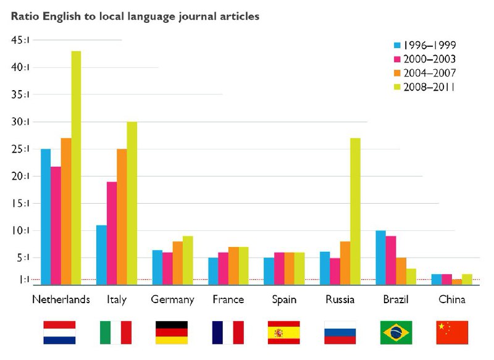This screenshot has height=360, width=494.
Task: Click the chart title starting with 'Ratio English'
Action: click(x=135, y=16)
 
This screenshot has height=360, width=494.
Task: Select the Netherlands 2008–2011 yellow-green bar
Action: click(x=76, y=167)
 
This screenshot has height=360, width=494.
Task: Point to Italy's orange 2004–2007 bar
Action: click(x=122, y=216)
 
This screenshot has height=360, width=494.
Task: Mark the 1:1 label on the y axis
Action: click(x=22, y=280)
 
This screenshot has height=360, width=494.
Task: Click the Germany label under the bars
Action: click(x=172, y=300)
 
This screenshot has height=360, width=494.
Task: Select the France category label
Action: click(x=227, y=300)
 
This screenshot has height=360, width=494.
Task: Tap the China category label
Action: click(x=452, y=300)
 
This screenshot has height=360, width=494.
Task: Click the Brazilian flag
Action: click(x=396, y=332)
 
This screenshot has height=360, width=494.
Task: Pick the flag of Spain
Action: click(x=283, y=332)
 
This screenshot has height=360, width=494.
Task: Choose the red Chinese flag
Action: click(x=452, y=332)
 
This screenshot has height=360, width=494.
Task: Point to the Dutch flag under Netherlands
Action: click(x=59, y=332)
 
